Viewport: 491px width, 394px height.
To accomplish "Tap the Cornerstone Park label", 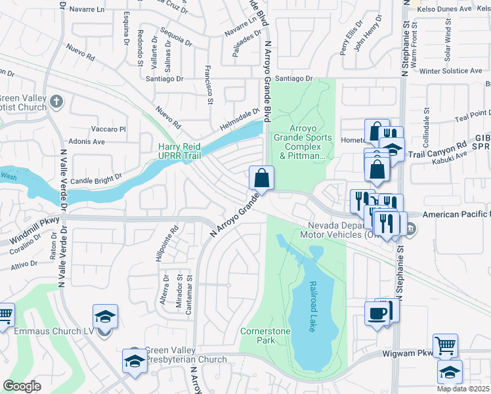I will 265,336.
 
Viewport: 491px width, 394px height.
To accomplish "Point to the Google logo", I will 22,386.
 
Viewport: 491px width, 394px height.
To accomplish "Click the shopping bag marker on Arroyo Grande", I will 261,178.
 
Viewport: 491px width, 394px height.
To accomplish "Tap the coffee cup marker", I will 377,314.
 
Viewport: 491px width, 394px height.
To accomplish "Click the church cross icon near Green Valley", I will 56,102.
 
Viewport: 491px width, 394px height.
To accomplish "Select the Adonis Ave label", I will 87,141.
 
